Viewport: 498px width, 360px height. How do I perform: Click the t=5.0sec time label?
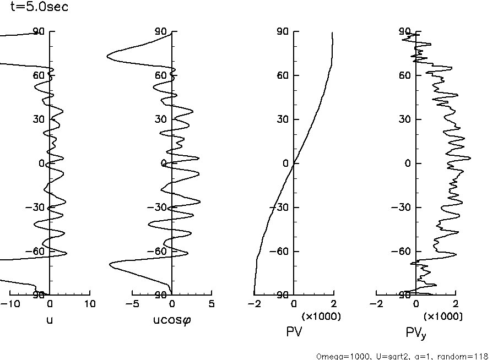point(40,8)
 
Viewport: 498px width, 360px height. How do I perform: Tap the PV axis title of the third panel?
point(294,331)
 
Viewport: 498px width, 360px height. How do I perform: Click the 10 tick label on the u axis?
point(89,304)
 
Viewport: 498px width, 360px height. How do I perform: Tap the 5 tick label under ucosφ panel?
point(212,304)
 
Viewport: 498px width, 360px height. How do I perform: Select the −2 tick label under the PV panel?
point(254,304)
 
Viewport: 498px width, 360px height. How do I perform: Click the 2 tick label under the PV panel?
point(333,304)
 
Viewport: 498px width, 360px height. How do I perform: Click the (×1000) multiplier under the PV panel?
point(321,317)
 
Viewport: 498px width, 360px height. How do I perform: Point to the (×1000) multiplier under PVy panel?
point(443,317)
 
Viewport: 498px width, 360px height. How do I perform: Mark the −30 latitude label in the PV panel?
point(280,208)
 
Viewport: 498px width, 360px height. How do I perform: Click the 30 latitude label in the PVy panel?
point(405,119)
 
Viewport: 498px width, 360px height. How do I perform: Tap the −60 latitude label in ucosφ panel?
point(159,252)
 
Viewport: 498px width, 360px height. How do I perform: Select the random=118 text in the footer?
point(464,356)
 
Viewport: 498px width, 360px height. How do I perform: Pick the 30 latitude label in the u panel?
point(39,119)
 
